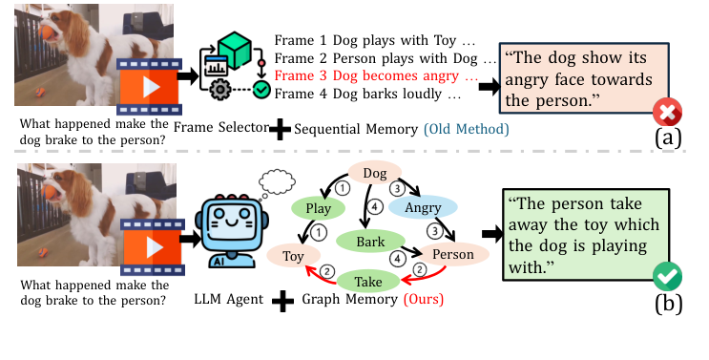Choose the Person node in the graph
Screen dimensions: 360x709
point(453,255)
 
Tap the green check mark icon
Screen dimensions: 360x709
point(664,279)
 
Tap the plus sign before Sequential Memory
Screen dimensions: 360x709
point(280,131)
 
